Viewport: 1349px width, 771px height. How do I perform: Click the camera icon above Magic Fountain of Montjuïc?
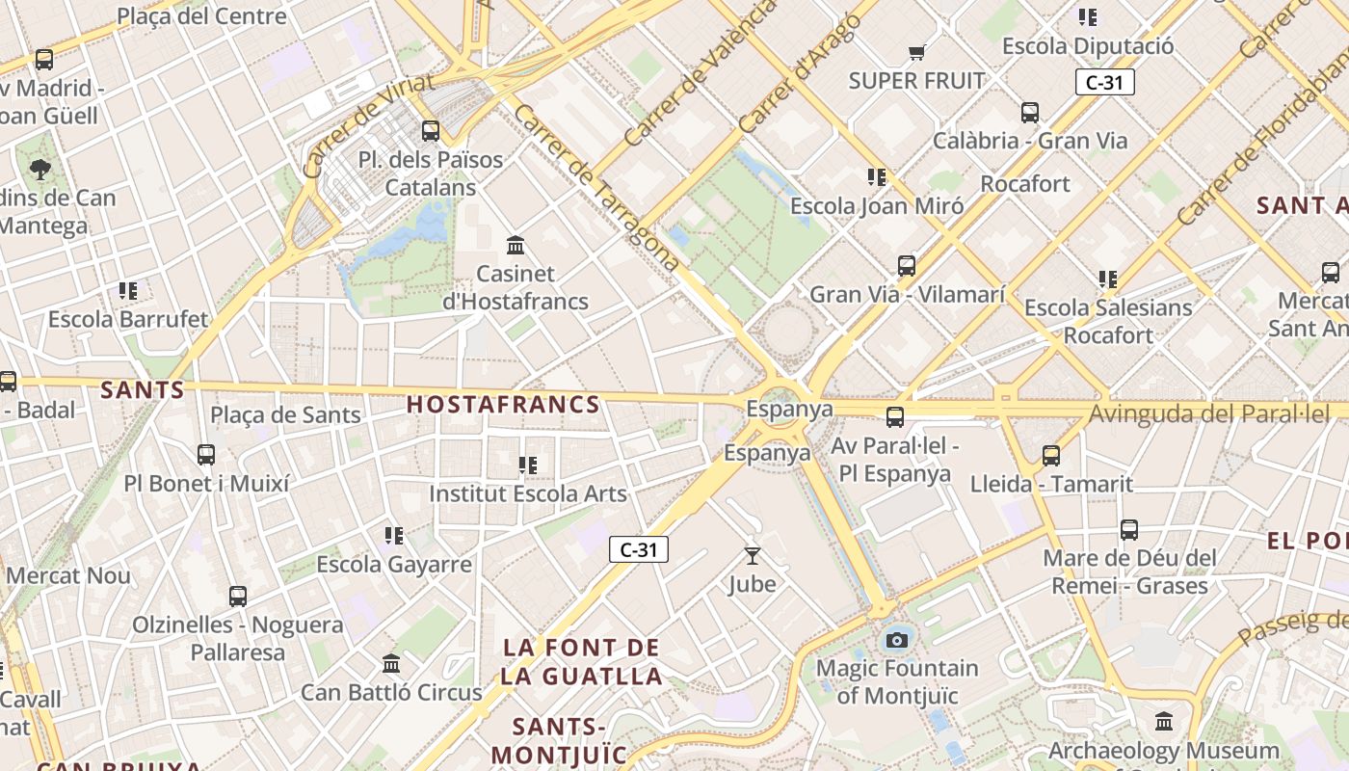coord(897,639)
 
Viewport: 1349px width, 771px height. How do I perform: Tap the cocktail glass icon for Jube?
coord(753,555)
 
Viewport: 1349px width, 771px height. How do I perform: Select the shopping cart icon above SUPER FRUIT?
coord(916,52)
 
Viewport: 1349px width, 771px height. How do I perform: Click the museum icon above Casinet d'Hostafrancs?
coord(516,245)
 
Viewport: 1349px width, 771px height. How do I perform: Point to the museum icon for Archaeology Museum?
coord(1164,721)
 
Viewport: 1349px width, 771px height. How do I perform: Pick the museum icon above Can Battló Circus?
coord(391,663)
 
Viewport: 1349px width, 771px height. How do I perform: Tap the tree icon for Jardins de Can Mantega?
coord(40,170)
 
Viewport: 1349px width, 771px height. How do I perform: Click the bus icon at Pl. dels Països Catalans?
coord(431,130)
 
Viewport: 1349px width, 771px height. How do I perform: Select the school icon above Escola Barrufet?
coord(128,290)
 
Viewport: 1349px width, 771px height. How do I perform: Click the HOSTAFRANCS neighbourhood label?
coord(503,405)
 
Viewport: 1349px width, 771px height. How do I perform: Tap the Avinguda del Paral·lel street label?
coord(1208,414)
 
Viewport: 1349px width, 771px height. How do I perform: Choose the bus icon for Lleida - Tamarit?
coord(1051,455)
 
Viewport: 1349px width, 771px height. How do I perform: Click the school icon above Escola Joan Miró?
coord(877,177)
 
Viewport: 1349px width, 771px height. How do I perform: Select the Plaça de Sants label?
coord(285,415)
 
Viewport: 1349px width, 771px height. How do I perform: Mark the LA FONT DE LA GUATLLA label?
coord(581,661)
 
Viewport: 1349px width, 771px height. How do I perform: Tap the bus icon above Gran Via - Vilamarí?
coord(907,265)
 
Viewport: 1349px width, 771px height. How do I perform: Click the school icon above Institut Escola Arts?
coord(528,465)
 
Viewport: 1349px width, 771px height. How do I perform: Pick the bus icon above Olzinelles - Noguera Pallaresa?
coord(238,596)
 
